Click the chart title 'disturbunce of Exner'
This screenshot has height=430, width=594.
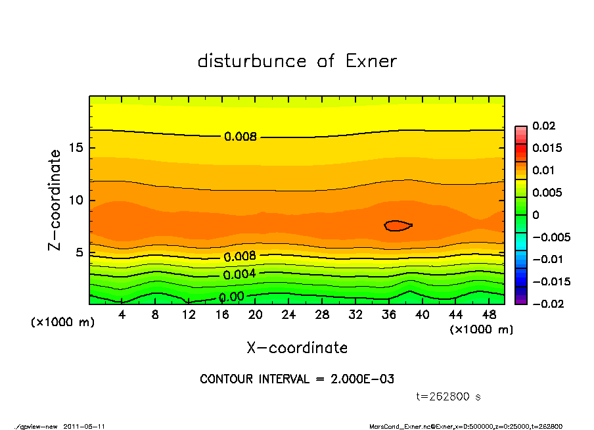297,62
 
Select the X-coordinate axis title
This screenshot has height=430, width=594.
297,348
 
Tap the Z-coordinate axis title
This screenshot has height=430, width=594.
55,200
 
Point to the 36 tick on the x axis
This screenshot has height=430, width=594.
389,315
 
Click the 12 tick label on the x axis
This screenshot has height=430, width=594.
189,315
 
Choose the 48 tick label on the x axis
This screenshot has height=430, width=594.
489,315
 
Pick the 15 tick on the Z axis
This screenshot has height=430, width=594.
76,148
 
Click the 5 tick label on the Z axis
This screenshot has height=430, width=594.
79,253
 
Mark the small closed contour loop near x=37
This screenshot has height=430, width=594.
398,226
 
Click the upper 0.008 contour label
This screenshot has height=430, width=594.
240,137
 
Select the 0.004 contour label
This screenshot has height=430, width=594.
240,274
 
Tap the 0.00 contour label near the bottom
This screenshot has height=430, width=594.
231,297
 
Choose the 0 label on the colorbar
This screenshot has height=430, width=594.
536,215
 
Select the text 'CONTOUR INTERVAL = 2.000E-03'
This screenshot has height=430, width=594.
297,379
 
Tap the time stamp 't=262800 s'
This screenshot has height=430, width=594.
449,396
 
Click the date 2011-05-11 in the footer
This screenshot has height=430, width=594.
84,426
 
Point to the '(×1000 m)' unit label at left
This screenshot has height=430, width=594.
59,323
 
